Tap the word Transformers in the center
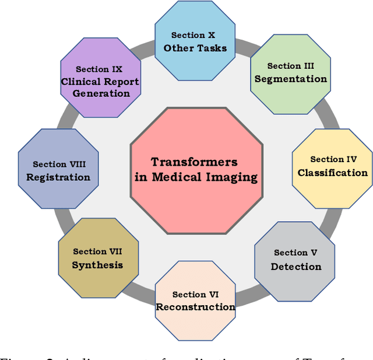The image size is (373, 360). pyautogui.click(x=194, y=162)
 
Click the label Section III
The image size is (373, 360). pyautogui.click(x=291, y=66)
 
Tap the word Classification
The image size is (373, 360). pyautogui.click(x=332, y=173)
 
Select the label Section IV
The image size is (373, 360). pyautogui.click(x=333, y=159)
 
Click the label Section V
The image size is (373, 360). pyautogui.click(x=295, y=253)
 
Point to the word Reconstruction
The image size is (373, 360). pyautogui.click(x=196, y=307)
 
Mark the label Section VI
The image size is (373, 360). pyautogui.click(x=196, y=295)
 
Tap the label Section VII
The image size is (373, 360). pyautogui.click(x=98, y=251)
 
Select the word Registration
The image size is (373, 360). pyautogui.click(x=58, y=177)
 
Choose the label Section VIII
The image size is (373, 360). pyautogui.click(x=58, y=165)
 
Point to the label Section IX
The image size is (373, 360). pyautogui.click(x=101, y=69)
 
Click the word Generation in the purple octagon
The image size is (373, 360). pyautogui.click(x=101, y=93)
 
